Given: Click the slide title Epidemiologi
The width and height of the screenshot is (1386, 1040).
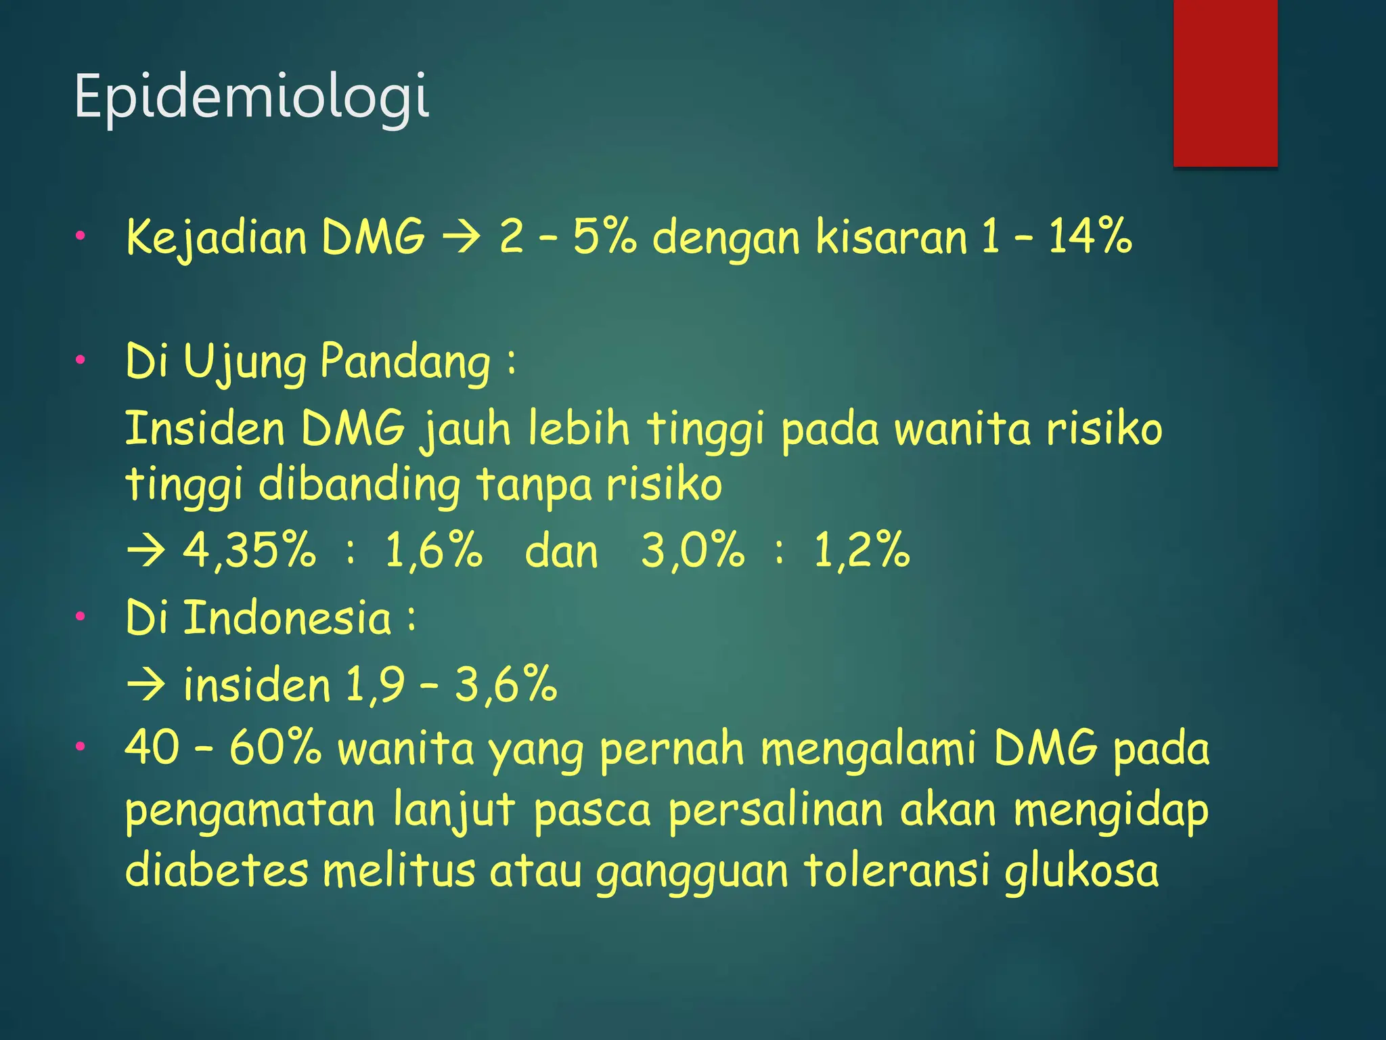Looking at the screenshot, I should click(251, 96).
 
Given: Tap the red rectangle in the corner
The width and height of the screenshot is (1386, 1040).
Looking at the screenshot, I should click(1225, 83).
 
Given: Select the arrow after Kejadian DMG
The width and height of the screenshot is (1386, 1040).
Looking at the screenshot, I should click(462, 238).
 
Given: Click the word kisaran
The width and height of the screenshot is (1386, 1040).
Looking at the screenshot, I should click(891, 237).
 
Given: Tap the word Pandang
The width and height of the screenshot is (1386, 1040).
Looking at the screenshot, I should click(405, 361).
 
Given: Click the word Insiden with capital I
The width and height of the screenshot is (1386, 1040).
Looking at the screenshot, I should click(205, 429).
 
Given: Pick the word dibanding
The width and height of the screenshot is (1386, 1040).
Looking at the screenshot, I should click(359, 485).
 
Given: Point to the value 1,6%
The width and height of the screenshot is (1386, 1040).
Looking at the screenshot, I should click(434, 549).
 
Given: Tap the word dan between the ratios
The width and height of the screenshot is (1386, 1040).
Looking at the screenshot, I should click(562, 551).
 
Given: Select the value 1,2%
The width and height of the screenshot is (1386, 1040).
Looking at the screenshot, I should click(862, 549).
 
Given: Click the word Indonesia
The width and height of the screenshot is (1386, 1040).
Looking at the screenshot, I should click(288, 617).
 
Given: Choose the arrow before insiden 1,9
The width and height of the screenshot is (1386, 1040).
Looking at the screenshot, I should click(146, 684).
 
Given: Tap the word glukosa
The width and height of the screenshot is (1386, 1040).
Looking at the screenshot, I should click(1081, 871).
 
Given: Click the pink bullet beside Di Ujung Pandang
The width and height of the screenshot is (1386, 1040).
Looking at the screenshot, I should click(81, 360).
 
